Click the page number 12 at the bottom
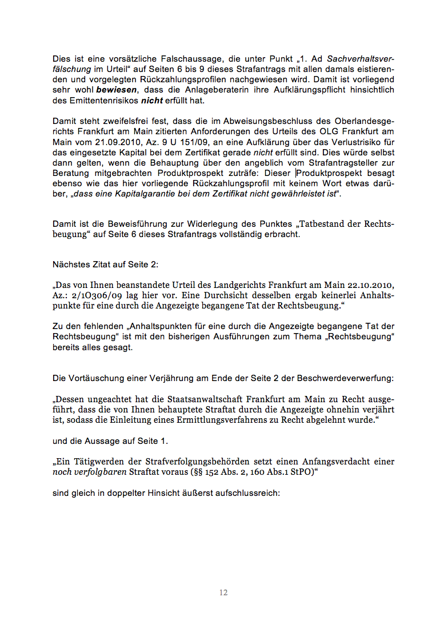tap(223, 592)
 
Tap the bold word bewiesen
tap(117, 90)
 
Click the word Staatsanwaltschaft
tap(212, 399)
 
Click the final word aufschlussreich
tap(247, 492)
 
